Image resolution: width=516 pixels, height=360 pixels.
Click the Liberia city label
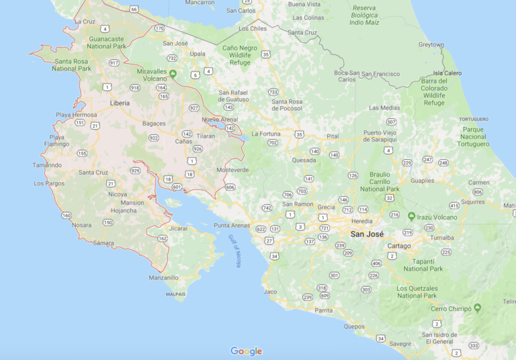click(120, 103)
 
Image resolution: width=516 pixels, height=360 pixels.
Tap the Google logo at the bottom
click(247, 351)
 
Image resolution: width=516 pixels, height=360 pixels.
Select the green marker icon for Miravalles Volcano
click(173, 73)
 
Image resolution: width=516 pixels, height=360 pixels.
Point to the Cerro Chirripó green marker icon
click(477, 308)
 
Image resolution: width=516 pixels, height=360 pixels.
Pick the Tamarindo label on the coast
click(47, 165)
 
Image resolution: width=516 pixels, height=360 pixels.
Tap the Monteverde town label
click(232, 170)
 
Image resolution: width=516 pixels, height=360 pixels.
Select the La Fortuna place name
click(266, 134)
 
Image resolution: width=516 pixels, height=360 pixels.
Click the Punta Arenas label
click(232, 225)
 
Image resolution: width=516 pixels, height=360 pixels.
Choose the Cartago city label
click(399, 246)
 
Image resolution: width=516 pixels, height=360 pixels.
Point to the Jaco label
click(270, 291)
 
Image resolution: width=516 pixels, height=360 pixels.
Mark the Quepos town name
click(354, 327)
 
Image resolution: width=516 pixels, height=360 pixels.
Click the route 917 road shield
click(114, 62)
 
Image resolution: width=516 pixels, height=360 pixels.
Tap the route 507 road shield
click(391, 122)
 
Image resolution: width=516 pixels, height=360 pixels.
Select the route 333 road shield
click(474, 345)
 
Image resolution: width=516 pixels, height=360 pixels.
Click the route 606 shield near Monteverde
click(230, 187)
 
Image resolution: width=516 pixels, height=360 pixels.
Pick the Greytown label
click(431, 45)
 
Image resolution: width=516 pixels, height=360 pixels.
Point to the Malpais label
click(175, 294)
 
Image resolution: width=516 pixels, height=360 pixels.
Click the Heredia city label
click(361, 221)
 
